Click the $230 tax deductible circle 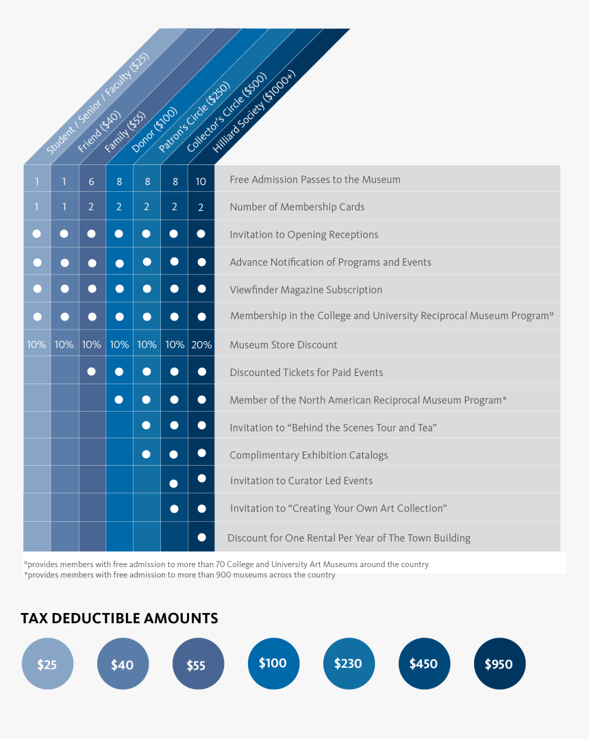(x=349, y=664)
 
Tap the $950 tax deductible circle (x=499, y=664)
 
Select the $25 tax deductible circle (x=47, y=664)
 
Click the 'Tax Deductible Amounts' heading (x=119, y=618)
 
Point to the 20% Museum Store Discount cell (x=201, y=345)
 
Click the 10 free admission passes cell (x=201, y=181)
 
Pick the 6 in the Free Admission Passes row (x=91, y=181)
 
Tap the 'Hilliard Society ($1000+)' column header (x=253, y=111)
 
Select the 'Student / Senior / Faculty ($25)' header (x=97, y=103)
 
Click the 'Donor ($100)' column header (x=154, y=129)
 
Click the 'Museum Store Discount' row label (x=283, y=345)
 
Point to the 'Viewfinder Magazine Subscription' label (x=306, y=290)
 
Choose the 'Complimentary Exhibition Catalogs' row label (x=309, y=455)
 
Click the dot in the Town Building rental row (x=201, y=537)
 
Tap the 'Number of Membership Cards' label (x=297, y=207)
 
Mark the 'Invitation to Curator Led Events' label (x=301, y=481)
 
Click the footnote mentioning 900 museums (x=179, y=575)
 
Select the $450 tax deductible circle (x=424, y=664)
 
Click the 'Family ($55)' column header (x=125, y=132)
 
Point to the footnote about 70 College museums (x=226, y=564)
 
